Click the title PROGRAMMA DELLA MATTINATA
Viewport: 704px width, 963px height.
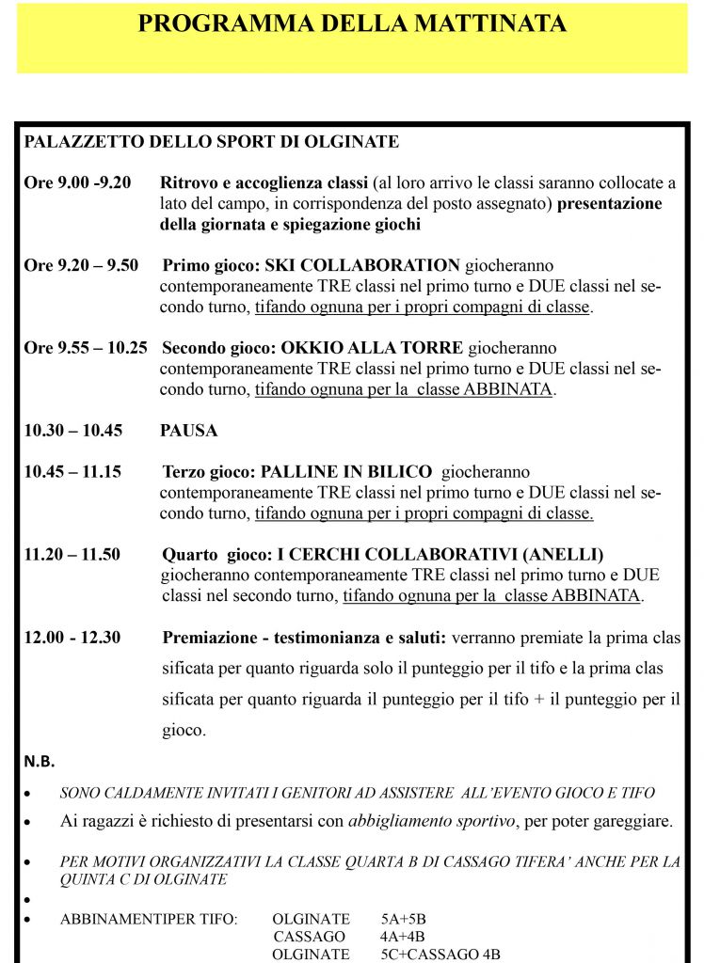click(352, 24)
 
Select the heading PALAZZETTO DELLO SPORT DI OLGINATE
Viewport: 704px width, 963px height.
click(211, 142)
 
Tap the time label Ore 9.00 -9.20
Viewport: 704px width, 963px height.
click(77, 182)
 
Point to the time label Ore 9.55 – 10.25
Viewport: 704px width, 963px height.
click(85, 347)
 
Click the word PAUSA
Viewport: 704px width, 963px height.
click(188, 431)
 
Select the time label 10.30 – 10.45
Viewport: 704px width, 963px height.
click(72, 431)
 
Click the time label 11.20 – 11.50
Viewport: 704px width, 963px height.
click(72, 554)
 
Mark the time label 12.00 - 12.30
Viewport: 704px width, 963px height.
click(72, 638)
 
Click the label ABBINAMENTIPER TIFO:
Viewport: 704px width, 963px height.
click(149, 919)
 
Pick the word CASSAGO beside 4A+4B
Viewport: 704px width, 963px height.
click(311, 937)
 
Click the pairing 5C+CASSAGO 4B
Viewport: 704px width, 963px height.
click(440, 955)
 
